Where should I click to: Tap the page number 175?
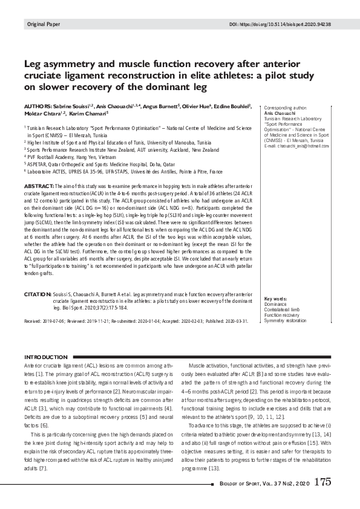point(322,482)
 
